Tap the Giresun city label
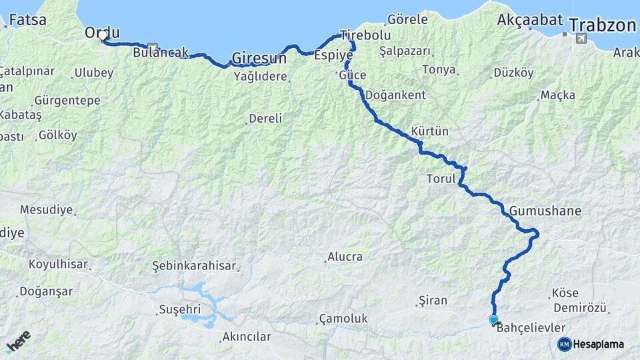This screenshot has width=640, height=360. click(x=259, y=58)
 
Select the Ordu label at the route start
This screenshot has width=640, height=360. click(x=102, y=31)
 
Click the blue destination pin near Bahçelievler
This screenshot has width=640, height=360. click(x=493, y=320)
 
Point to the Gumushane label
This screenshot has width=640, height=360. click(x=545, y=211)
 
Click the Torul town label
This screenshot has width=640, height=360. click(x=441, y=179)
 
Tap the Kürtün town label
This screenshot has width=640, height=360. click(x=430, y=131)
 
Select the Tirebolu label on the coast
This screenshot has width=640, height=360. click(x=365, y=35)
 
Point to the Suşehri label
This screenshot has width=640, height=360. click(x=179, y=309)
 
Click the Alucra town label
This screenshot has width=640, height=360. click(x=345, y=257)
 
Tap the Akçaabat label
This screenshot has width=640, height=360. click(x=530, y=20)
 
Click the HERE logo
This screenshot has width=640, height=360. click(x=18, y=341)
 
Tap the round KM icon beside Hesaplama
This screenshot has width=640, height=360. click(x=564, y=344)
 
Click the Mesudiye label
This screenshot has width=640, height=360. click(x=46, y=209)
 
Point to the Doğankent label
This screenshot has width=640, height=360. click(x=395, y=95)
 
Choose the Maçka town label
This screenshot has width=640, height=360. click(x=558, y=95)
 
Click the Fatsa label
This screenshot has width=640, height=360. click(x=27, y=20)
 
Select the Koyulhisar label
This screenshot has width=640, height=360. click(x=58, y=264)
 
